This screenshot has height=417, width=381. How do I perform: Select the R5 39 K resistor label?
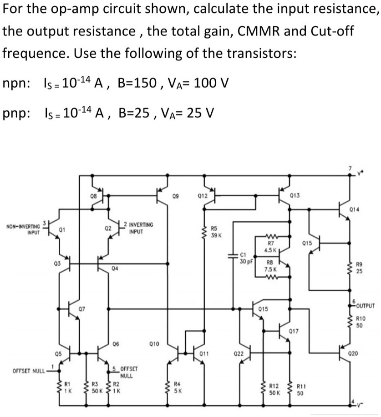click(x=216, y=232)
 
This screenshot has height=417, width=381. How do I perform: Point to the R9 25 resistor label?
click(x=360, y=268)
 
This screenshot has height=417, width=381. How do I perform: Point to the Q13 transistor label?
click(x=295, y=195)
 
